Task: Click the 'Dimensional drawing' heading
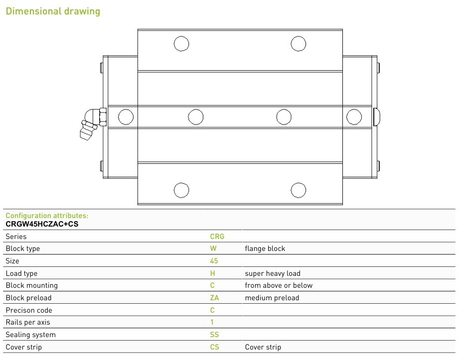point(53,11)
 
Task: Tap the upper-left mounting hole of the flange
point(181,43)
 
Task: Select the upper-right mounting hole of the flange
point(298,43)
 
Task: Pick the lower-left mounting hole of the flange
point(181,190)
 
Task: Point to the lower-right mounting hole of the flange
point(298,190)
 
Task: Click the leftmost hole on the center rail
point(126,117)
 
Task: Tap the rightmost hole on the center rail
point(354,117)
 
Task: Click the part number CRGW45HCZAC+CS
point(42,224)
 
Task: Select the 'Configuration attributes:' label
point(47,216)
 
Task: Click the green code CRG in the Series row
point(217,237)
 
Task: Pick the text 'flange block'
point(265,249)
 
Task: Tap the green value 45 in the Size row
point(214,261)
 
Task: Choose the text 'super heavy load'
point(273,273)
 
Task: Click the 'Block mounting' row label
point(32,285)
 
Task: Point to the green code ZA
point(214,298)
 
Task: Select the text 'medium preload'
point(272,298)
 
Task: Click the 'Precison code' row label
point(29,310)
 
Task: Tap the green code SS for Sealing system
point(214,335)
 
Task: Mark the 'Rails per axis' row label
point(28,322)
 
